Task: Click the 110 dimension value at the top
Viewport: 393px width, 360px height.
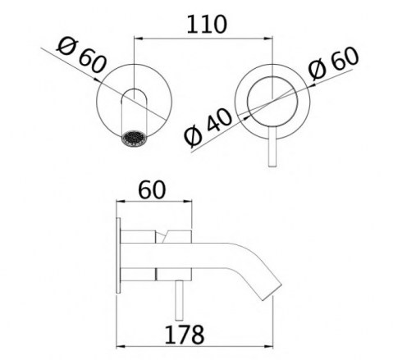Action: [207, 25]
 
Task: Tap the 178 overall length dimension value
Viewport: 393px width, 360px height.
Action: [185, 335]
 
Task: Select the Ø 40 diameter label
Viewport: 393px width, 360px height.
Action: [208, 127]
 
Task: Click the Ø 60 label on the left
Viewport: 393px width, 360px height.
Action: [81, 56]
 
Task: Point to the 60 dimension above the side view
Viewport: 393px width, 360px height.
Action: [152, 189]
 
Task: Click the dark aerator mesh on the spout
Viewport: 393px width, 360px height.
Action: [135, 139]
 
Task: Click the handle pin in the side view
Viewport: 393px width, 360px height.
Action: [179, 300]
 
